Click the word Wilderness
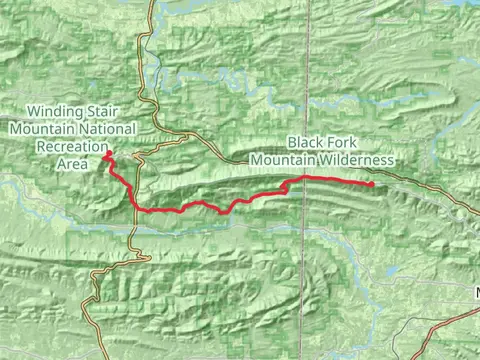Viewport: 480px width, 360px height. point(358,160)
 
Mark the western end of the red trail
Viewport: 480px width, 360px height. point(104,152)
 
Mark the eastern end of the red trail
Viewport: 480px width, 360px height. point(373,184)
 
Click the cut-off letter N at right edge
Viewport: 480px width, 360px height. point(477,294)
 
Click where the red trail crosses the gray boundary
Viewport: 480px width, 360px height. point(306,178)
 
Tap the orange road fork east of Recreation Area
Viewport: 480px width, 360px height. point(150,145)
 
